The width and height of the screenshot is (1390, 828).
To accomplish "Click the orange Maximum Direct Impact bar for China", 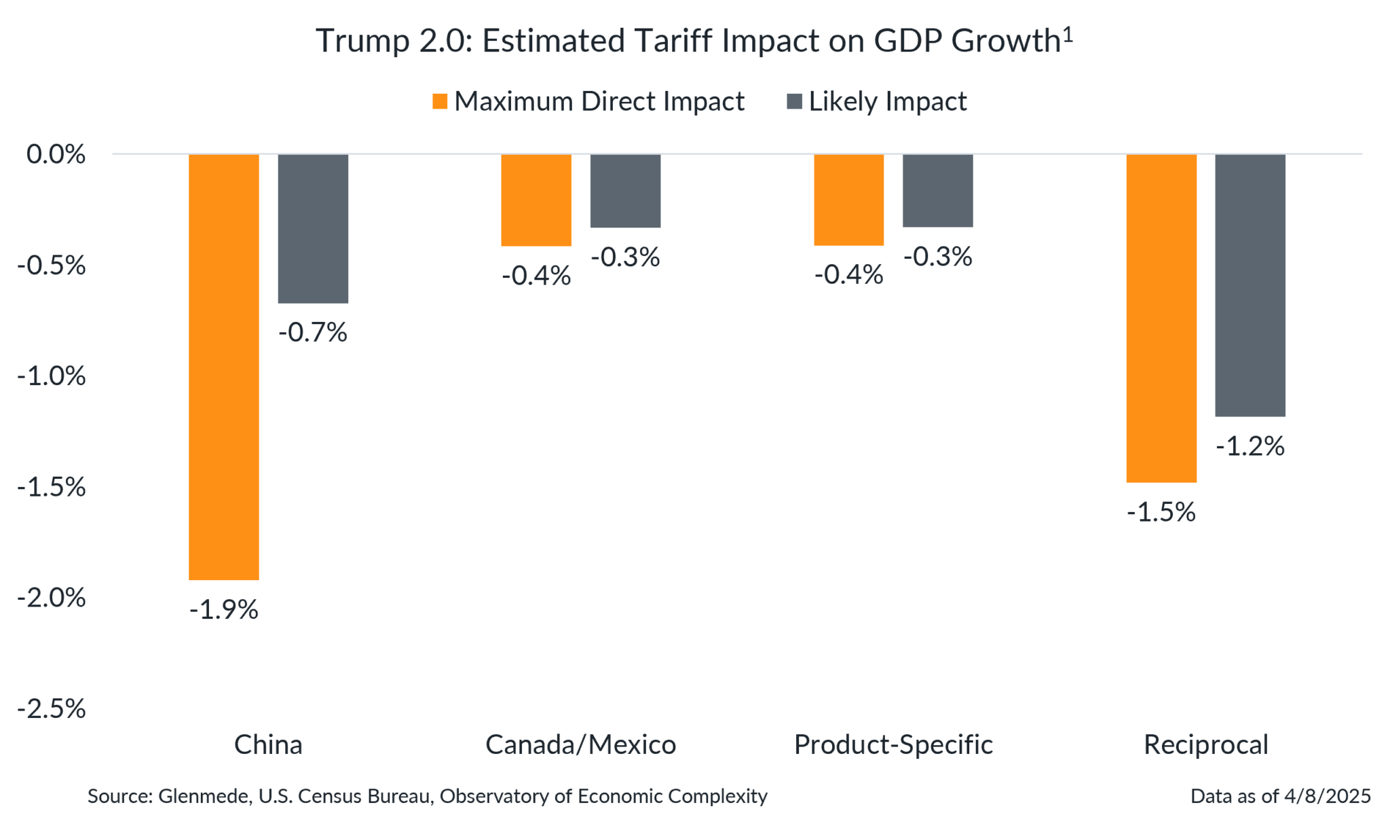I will coord(223,367).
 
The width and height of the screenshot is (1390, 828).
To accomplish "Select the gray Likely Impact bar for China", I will coord(313,229).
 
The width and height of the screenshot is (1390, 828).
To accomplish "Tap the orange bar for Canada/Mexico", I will coord(536,200).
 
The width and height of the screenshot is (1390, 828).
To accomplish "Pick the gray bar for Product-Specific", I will coord(937,191).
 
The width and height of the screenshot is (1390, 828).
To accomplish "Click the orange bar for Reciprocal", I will coord(1161,318).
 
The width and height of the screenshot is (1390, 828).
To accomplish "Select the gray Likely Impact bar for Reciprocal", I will coord(1250,285).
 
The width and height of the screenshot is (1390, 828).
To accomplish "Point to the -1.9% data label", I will coord(224,610).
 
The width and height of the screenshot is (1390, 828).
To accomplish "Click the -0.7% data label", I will coord(313,333).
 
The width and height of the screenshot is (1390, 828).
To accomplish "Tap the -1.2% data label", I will coord(1250,446).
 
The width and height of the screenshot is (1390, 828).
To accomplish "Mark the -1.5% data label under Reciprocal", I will coord(1161,512).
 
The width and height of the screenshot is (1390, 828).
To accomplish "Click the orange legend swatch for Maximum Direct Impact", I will coord(440,102).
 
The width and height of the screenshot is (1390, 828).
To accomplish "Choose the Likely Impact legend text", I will coord(888,101).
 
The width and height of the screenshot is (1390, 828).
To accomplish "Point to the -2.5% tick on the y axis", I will coord(52,709).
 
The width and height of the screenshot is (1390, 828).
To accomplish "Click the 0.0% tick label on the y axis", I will coord(56,154).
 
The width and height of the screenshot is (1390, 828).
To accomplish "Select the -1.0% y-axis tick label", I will coord(52,376).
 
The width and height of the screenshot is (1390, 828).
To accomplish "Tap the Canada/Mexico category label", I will coord(581,745).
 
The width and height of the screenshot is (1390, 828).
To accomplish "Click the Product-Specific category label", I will coord(893,745).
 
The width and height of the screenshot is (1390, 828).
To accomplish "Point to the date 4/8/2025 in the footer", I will coord(1327,796).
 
